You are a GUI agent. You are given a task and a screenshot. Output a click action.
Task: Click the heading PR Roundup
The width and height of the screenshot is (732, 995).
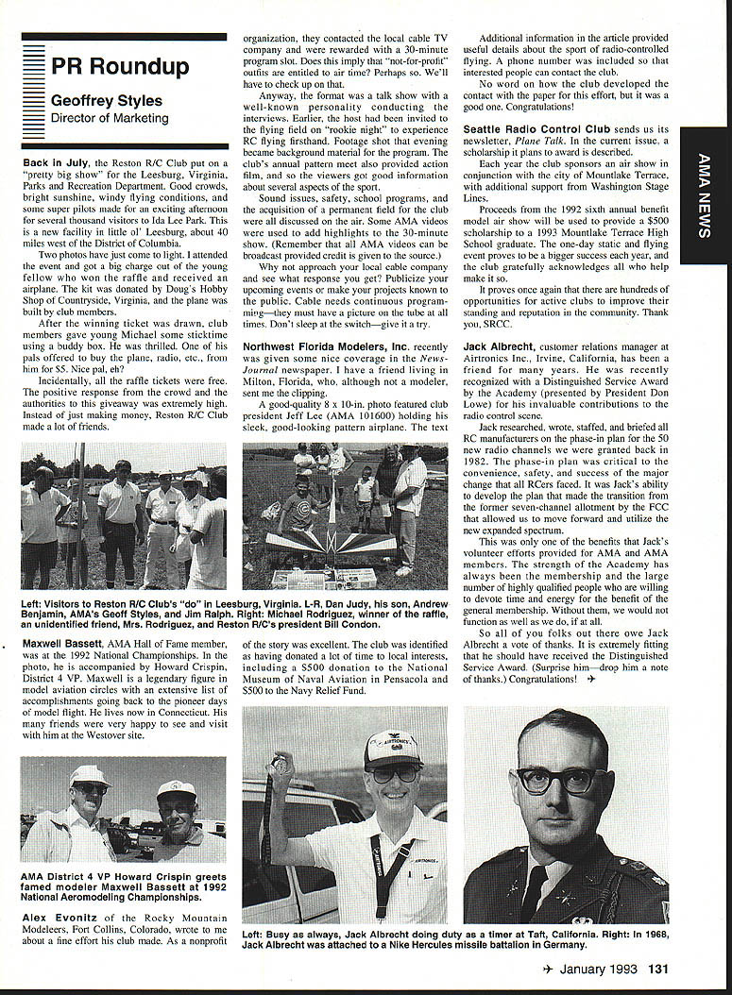[x=120, y=66]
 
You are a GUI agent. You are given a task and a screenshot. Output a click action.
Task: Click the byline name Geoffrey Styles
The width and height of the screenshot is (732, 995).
[x=106, y=101]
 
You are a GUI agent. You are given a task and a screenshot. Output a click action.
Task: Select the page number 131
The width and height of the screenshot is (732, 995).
[x=657, y=969]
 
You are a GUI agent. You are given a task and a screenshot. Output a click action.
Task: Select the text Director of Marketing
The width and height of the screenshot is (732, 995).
[x=110, y=119]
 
